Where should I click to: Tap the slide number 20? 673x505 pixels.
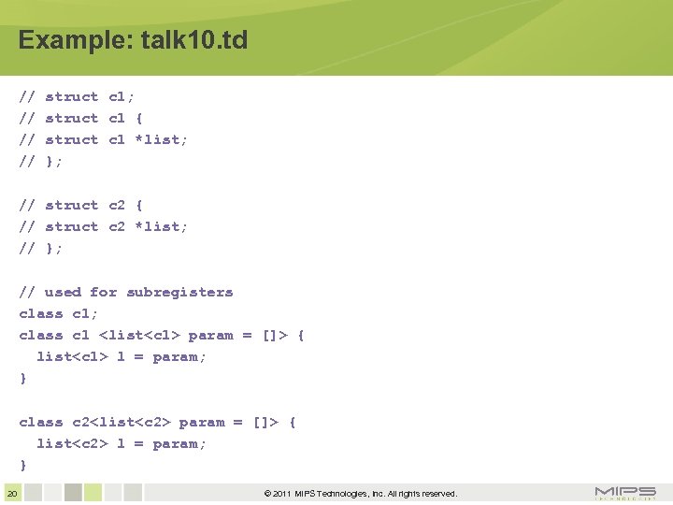click(x=11, y=493)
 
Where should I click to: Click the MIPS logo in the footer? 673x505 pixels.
click(x=625, y=493)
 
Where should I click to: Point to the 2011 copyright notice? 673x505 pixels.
click(x=361, y=494)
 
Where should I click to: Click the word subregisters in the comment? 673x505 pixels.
click(x=179, y=292)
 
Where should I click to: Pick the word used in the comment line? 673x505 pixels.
click(x=63, y=292)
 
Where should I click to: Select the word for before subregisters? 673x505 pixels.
click(x=103, y=292)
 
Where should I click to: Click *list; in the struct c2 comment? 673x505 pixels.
click(x=162, y=226)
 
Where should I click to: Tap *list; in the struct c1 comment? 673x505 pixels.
click(x=162, y=139)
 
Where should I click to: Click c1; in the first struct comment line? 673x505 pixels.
click(x=122, y=96)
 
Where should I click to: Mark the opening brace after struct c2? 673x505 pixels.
click(x=139, y=205)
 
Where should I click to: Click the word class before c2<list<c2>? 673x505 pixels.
click(x=41, y=422)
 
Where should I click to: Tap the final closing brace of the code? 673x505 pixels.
click(x=23, y=465)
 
